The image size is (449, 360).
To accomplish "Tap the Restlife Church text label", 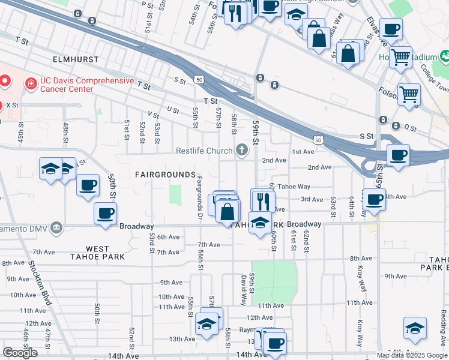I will pyautogui.click(x=204, y=151).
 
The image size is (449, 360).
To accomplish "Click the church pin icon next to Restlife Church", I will pyautogui.click(x=241, y=150).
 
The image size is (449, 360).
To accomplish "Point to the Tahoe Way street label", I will pyautogui.click(x=294, y=187).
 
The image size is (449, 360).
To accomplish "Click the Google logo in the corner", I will pyautogui.click(x=20, y=353).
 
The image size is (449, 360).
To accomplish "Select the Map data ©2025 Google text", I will pyautogui.click(x=412, y=355).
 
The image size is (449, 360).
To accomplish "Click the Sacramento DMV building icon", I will pyautogui.click(x=56, y=227).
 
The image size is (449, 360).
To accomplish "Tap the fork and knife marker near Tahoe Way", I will pyautogui.click(x=262, y=200).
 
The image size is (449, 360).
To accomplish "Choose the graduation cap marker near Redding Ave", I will pyautogui.click(x=415, y=328).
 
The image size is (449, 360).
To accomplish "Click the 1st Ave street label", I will pyautogui.click(x=303, y=152).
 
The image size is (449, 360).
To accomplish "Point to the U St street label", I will pyautogui.click(x=173, y=109).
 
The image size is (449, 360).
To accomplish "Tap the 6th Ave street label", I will pyautogui.click(x=169, y=237).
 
